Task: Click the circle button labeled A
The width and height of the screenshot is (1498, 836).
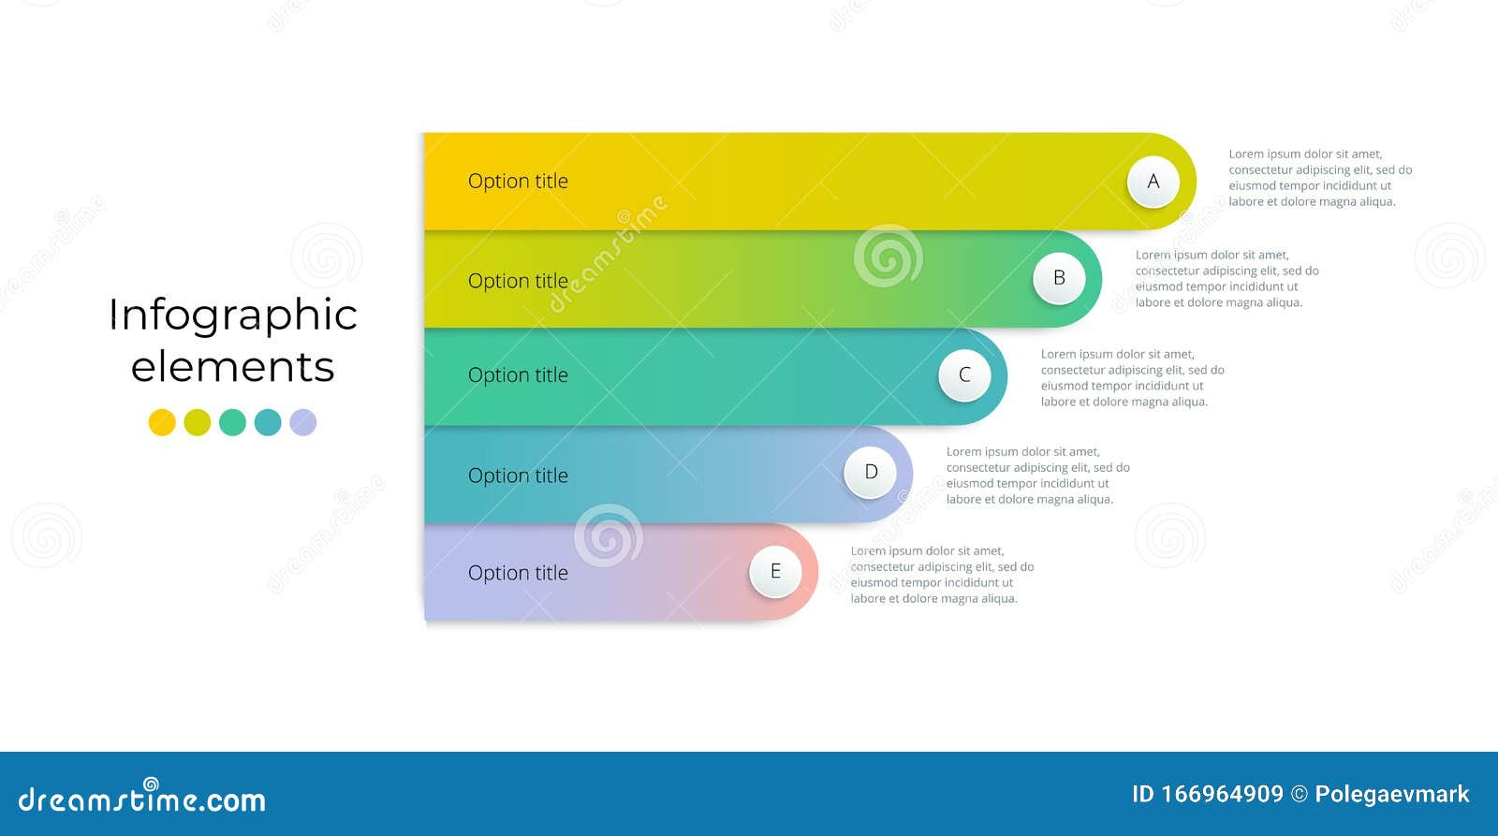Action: pos(1153,182)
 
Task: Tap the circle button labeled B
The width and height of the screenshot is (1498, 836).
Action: pos(1059,278)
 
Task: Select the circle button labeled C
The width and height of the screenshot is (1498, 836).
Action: pos(964,375)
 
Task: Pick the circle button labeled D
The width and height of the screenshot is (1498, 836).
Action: pos(871,473)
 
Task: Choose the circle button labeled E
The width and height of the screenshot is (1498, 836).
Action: pos(775,571)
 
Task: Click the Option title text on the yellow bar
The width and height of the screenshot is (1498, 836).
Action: pos(518,182)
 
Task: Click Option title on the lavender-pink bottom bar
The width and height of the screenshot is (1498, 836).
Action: pos(518,573)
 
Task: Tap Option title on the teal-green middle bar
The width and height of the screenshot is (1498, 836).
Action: pos(518,375)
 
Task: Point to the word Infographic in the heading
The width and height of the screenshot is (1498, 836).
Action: pos(232,315)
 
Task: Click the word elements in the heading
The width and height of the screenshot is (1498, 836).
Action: pos(232,367)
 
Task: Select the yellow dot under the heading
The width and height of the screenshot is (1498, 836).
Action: pos(162,422)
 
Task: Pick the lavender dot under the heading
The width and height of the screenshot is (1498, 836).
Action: pos(302,422)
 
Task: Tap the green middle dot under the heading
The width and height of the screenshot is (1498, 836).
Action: pos(232,422)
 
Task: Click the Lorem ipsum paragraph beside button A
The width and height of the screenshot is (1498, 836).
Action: pos(1319,178)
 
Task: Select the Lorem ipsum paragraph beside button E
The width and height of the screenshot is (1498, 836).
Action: pos(941,575)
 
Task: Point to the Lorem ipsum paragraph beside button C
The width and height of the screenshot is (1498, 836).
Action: pos(1131,378)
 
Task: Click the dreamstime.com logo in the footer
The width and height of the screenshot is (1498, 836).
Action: pos(142,799)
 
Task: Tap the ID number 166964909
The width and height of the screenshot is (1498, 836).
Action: pos(1222,795)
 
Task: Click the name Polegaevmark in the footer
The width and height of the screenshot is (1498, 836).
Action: pos(1391,795)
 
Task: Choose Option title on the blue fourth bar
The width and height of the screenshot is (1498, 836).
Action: pos(518,476)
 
